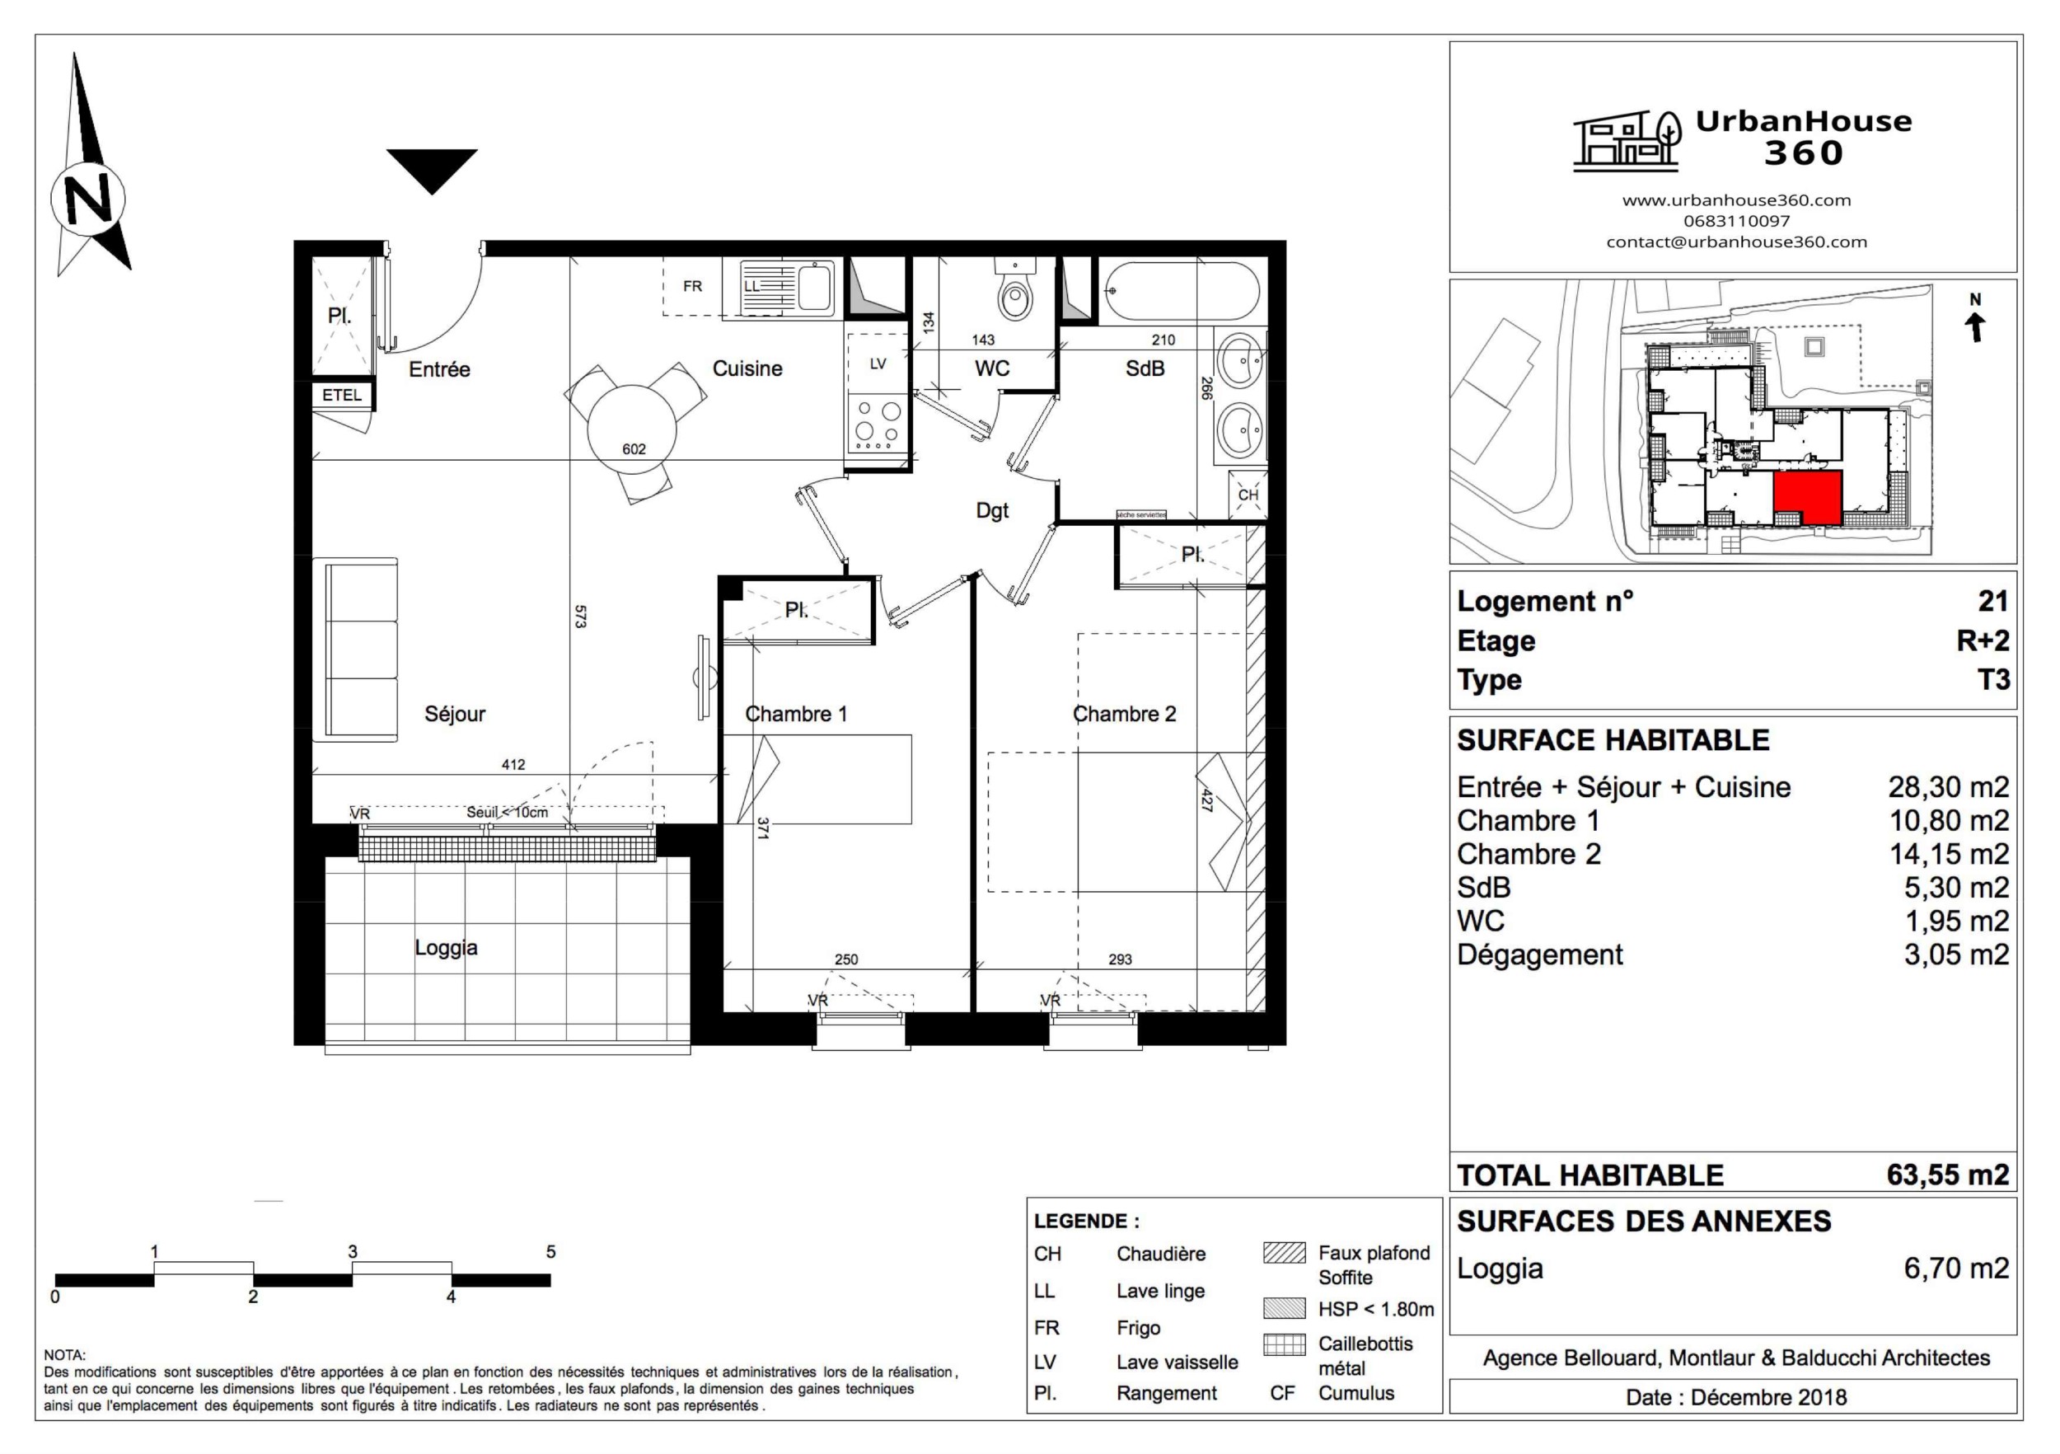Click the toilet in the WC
click(1016, 293)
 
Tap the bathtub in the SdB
click(1180, 291)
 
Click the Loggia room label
click(446, 948)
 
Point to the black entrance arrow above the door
click(432, 168)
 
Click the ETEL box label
click(342, 395)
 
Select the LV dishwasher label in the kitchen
click(878, 363)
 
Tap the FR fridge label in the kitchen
click(693, 286)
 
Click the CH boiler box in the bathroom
click(1248, 495)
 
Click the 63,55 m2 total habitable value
click(1947, 1175)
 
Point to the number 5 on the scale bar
click(551, 1251)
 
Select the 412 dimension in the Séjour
click(513, 765)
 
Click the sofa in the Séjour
click(355, 650)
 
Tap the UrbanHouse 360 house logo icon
click(1626, 141)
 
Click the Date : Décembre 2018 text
click(1735, 1397)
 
